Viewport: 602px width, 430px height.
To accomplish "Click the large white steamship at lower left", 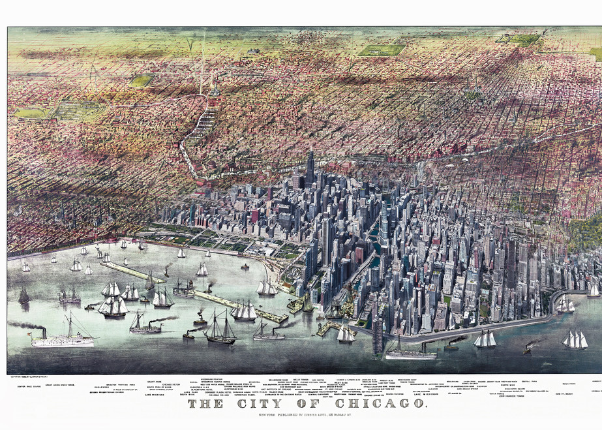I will (63, 338).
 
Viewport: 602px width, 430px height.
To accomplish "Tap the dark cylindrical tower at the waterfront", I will (377, 335).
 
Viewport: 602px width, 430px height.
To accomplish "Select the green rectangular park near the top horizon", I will (381, 50).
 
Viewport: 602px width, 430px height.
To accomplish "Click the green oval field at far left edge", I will (29, 113).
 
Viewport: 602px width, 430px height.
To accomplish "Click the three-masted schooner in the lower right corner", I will (575, 340).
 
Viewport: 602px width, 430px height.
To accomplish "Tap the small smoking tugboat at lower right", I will (526, 349).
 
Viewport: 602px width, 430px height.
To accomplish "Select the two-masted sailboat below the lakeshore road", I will (485, 339).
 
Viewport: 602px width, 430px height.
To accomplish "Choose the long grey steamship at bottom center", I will (410, 353).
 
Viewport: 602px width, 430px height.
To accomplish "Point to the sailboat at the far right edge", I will (593, 290).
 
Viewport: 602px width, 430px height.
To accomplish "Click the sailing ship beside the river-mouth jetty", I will (345, 333).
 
